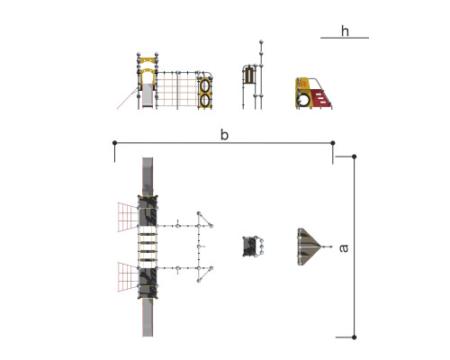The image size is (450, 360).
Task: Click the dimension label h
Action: click(x=345, y=31)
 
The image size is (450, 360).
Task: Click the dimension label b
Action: click(x=224, y=135)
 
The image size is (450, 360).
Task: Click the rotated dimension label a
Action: click(x=344, y=248)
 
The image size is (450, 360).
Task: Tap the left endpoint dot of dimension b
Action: click(x=114, y=143)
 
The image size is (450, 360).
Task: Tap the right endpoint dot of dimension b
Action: click(x=333, y=143)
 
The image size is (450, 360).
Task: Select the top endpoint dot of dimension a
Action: click(x=355, y=157)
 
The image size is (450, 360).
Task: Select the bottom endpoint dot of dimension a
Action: click(x=355, y=337)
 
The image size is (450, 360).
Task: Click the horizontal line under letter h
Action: click(x=345, y=38)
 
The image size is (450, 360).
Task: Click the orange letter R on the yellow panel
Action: click(x=303, y=84)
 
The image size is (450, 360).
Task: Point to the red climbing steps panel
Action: click(x=320, y=98)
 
